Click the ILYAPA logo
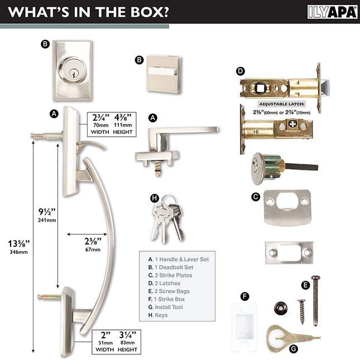point(333,12)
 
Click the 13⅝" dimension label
point(19,243)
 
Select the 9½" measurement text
point(47,212)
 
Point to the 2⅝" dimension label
point(93,241)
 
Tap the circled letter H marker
point(155,198)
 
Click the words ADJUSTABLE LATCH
point(282,104)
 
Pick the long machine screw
point(316,301)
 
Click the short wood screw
point(302,311)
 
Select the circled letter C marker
point(256,197)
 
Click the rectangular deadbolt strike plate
point(289,252)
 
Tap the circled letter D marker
point(241,71)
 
